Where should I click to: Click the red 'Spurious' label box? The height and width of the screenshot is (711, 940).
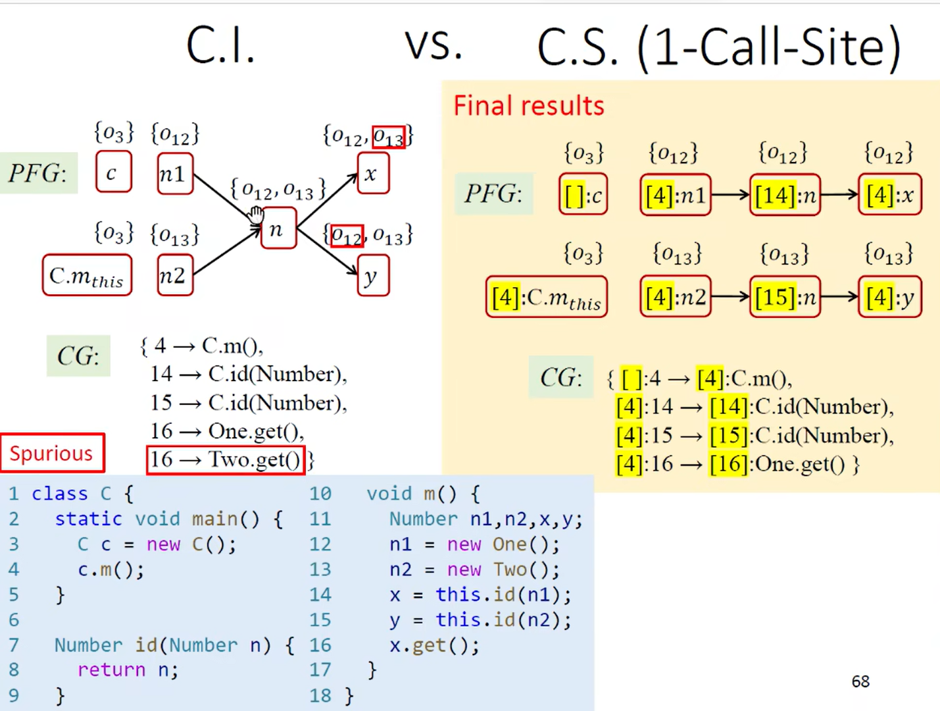[53, 453]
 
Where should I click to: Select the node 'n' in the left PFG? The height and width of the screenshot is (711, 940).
[278, 228]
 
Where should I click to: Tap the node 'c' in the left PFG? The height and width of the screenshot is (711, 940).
[113, 172]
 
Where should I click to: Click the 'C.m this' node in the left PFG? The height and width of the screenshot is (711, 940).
[87, 276]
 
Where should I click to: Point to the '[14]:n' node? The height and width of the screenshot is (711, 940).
[785, 195]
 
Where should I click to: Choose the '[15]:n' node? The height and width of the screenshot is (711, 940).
[785, 298]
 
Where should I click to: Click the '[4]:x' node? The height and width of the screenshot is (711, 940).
[889, 195]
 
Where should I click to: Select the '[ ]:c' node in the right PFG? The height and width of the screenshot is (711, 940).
[583, 195]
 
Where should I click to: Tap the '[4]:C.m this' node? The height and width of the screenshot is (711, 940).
[546, 298]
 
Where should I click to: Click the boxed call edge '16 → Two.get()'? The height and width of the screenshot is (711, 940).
[225, 460]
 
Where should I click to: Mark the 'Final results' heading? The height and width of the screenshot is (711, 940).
[528, 106]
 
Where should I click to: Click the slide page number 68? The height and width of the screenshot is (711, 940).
[860, 681]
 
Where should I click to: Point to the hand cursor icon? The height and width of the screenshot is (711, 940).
[256, 214]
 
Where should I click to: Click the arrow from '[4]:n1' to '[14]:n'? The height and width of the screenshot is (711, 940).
[730, 195]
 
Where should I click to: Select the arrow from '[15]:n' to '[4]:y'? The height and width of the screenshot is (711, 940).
[839, 298]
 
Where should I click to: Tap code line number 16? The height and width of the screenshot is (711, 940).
[320, 645]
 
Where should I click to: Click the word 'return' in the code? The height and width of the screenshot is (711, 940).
[111, 670]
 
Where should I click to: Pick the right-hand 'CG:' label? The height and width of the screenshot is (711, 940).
[561, 378]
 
